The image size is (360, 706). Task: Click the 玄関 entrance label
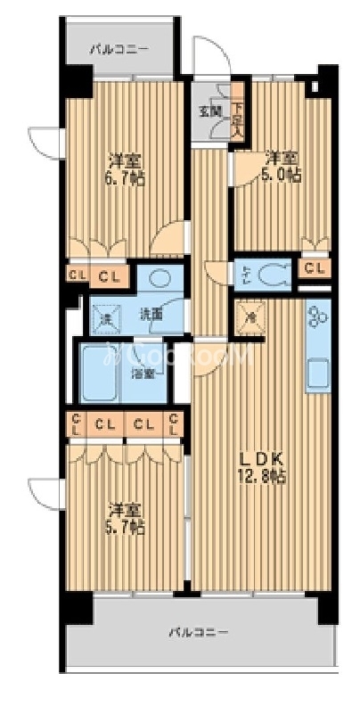(x=209, y=111)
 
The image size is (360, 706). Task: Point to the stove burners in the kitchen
(x=317, y=317)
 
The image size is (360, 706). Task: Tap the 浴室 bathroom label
(x=144, y=374)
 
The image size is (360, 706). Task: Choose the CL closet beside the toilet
(x=313, y=268)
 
